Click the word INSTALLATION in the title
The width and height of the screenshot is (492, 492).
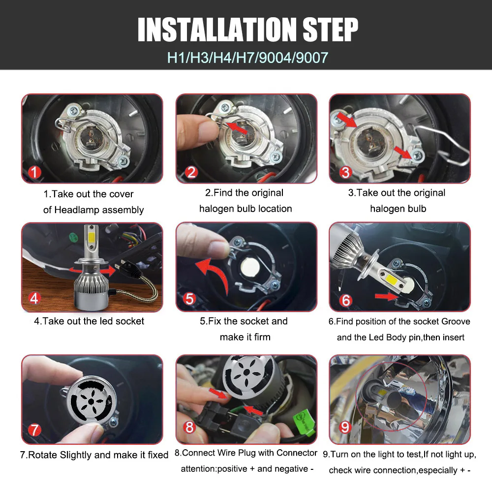pos(217,30)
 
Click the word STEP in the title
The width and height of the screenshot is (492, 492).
pos(330,30)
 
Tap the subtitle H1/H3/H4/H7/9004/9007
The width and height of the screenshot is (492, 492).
pos(247,58)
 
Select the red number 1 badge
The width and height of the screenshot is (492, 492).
pos(34,172)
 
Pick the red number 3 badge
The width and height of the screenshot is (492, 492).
pos(345,172)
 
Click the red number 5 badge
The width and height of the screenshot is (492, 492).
pos(189,299)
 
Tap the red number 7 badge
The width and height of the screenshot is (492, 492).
pos(34,430)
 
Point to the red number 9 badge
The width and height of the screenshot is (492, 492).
pos(345,427)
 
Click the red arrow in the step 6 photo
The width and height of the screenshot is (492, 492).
pos(387,296)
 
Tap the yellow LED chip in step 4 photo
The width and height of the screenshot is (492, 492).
pos(92,238)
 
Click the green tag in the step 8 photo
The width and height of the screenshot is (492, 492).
pos(304,423)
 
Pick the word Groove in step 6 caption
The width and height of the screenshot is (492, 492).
pos(456,321)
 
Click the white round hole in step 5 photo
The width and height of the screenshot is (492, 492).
pos(250,267)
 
